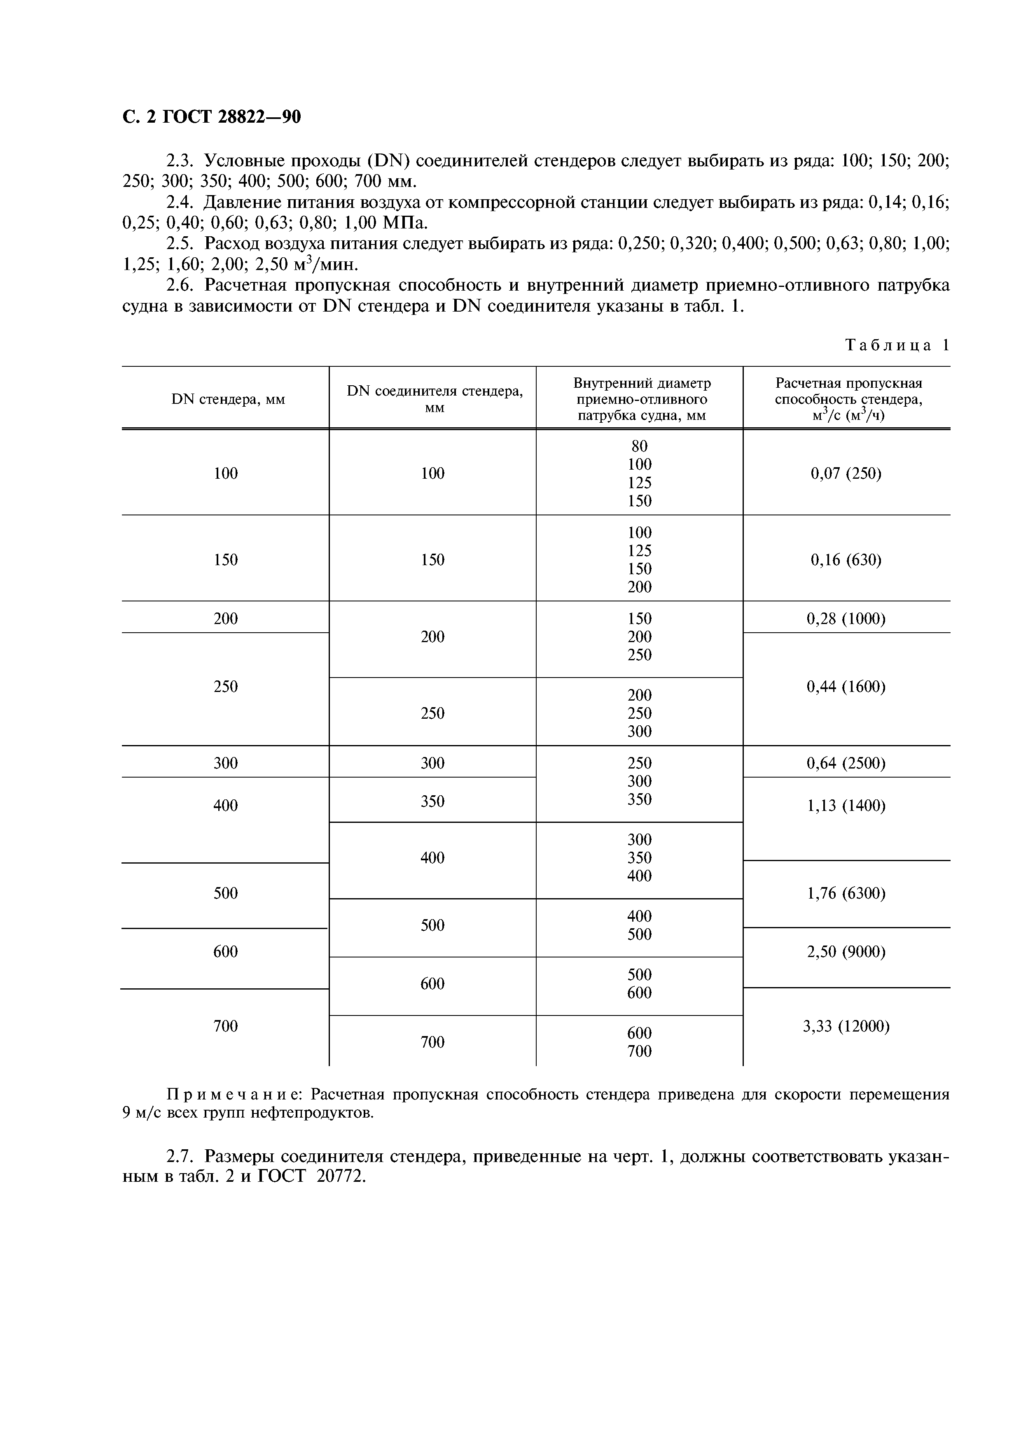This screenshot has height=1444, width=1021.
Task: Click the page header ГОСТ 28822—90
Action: point(211,117)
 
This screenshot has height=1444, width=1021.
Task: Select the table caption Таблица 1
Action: point(897,345)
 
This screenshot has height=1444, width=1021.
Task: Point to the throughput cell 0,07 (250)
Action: point(846,473)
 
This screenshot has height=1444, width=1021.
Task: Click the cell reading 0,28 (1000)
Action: point(846,619)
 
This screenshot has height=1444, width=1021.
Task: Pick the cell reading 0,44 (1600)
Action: point(846,687)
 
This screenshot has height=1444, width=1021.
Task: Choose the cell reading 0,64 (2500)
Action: point(846,763)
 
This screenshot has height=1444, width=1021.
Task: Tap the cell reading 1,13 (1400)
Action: point(846,806)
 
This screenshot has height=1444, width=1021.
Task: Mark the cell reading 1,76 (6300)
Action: point(846,893)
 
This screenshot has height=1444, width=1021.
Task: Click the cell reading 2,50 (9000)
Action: point(846,952)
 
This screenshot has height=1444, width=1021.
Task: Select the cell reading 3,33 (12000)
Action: point(846,1026)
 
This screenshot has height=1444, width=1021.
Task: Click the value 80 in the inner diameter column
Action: point(639,446)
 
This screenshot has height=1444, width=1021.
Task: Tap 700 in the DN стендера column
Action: point(225,1026)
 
